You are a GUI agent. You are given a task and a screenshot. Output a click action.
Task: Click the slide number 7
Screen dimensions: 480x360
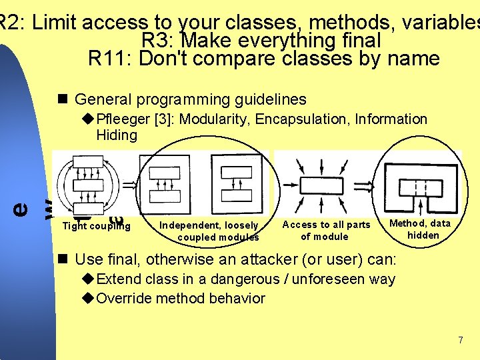point(460,341)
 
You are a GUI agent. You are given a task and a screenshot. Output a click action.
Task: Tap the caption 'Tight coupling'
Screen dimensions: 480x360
point(96,225)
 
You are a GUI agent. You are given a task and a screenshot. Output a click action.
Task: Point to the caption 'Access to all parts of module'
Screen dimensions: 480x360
point(326,230)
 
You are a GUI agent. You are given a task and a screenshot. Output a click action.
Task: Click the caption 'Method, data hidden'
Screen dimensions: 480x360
point(422,229)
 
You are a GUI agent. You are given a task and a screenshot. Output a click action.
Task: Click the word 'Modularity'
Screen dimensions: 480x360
point(214,119)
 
